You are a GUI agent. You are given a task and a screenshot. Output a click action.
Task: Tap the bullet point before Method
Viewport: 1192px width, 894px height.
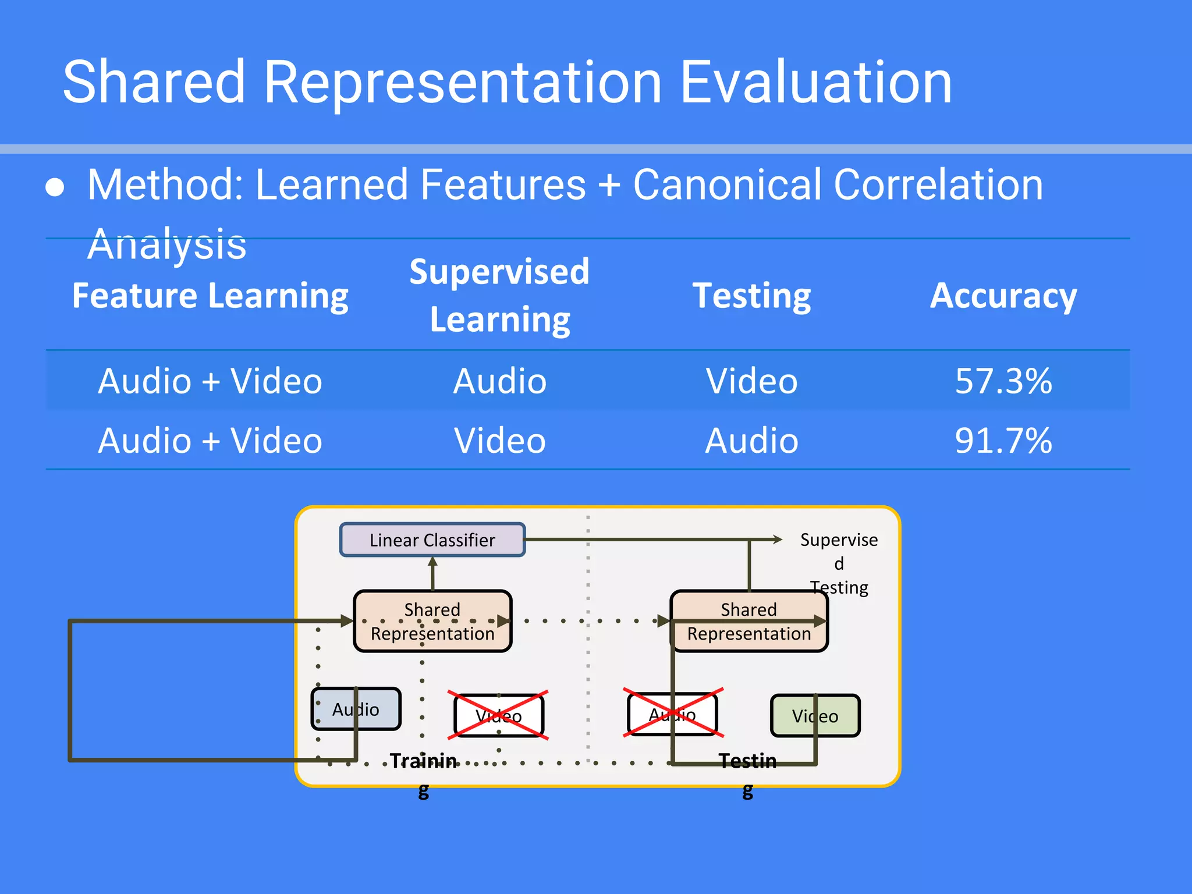[55, 187]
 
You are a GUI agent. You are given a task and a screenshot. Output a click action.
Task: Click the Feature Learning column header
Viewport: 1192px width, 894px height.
[210, 296]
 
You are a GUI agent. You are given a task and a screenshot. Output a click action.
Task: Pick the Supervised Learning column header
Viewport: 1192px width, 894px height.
[499, 296]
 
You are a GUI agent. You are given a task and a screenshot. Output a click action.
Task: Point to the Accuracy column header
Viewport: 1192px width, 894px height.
[1003, 296]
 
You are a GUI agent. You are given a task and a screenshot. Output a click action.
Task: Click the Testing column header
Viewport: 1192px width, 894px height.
[751, 296]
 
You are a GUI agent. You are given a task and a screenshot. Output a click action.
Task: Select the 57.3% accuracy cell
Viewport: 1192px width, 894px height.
[1003, 381]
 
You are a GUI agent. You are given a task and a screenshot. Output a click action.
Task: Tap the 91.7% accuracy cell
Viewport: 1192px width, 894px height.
[1003, 441]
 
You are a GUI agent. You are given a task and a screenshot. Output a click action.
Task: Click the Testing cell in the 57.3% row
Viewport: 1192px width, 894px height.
[751, 381]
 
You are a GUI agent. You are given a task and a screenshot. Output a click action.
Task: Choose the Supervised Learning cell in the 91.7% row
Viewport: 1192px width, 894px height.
[499, 441]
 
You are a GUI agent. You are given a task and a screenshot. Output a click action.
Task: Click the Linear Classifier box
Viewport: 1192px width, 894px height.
[432, 540]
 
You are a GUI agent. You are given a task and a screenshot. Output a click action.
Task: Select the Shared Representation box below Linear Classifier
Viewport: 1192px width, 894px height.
[432, 621]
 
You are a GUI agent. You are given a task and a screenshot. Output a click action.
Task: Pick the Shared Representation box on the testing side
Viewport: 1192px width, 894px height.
[749, 621]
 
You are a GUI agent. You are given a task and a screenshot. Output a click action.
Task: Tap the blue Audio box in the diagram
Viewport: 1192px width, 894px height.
[356, 709]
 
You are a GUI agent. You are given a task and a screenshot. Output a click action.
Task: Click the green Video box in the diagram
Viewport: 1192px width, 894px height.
[815, 715]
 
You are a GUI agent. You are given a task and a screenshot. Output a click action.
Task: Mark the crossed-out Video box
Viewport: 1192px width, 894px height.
[498, 715]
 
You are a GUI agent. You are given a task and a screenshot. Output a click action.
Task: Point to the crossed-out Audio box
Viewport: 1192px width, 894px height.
[672, 714]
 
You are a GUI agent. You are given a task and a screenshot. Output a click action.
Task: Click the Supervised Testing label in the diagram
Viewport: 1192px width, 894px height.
[839, 563]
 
